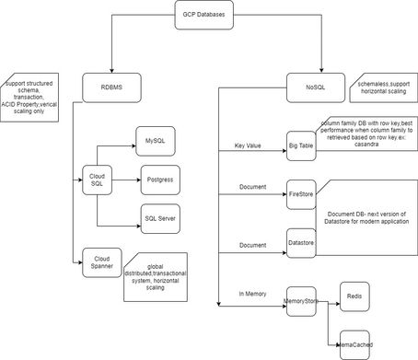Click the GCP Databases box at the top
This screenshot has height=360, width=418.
[x=203, y=16]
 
